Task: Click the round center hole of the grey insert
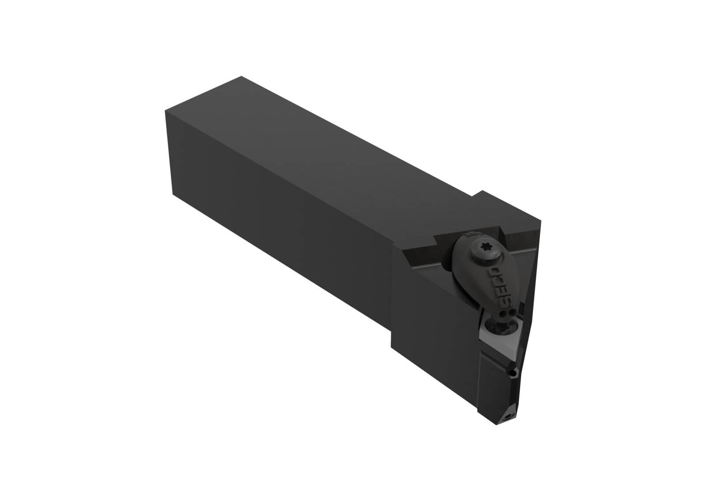[502, 327]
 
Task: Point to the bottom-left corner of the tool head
[392, 346]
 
